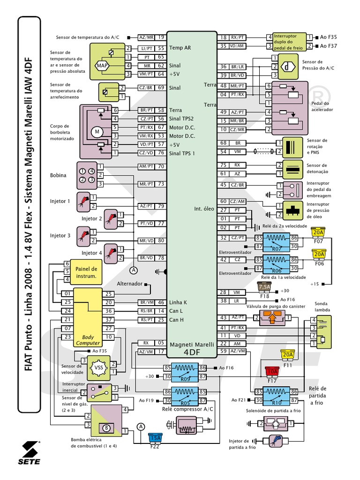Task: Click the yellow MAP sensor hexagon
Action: point(103,66)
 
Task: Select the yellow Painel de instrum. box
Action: point(86,272)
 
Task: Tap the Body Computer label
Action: point(88,340)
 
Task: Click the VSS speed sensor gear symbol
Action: point(99,367)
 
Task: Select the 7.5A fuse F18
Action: point(264,287)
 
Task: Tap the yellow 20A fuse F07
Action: point(318,232)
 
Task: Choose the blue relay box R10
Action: point(277,396)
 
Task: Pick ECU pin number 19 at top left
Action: point(161,37)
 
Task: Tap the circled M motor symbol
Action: point(98,132)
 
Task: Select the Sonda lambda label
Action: point(322,307)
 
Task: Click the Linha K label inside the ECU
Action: point(178,302)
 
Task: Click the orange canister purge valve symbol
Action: point(272,318)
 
